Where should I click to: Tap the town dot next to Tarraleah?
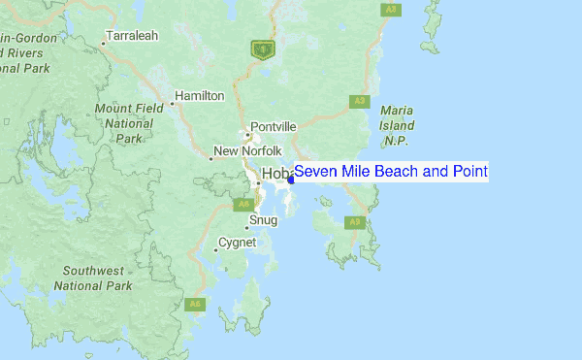click(x=104, y=43)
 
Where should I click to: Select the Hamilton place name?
click(x=201, y=96)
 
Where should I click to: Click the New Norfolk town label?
click(x=247, y=151)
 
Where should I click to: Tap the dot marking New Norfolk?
click(x=210, y=158)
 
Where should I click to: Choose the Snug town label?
click(x=264, y=220)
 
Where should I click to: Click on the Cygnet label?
click(x=237, y=242)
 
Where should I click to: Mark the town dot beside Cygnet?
click(x=215, y=249)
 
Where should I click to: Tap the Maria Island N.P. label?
click(x=398, y=126)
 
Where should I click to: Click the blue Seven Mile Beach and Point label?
click(x=391, y=172)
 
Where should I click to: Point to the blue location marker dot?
click(x=291, y=179)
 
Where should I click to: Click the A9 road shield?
click(x=355, y=222)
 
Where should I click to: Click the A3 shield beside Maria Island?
click(x=359, y=101)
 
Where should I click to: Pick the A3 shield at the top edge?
click(x=390, y=9)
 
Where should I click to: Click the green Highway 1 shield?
click(x=260, y=47)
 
